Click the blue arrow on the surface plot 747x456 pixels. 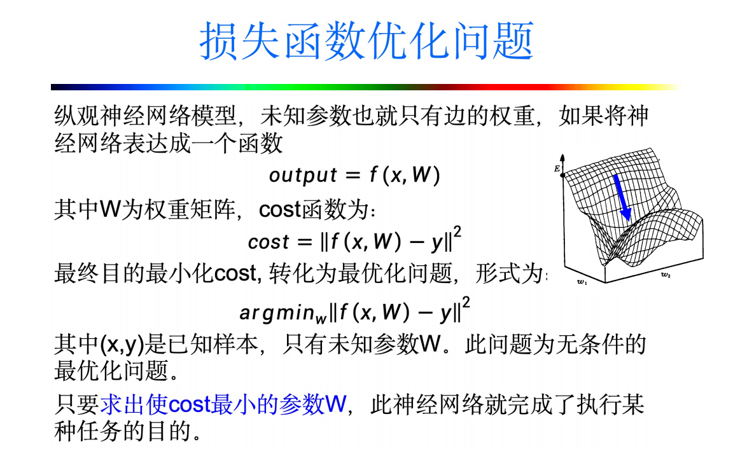[621, 198]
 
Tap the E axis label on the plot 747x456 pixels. [557, 169]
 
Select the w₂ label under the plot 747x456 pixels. [666, 275]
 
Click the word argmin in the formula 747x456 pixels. [277, 313]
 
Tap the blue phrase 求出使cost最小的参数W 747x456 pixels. [223, 404]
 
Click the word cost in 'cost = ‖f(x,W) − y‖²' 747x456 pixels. [269, 242]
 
